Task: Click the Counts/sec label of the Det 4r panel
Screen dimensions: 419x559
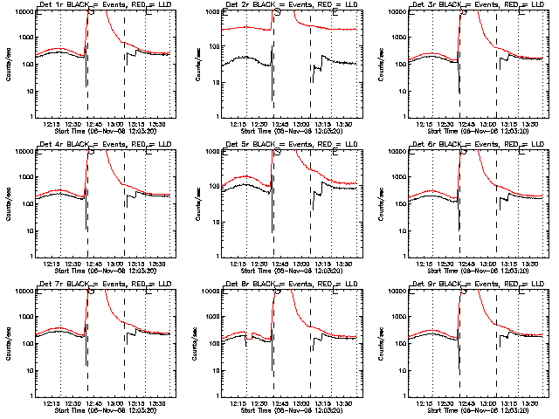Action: click(x=7, y=203)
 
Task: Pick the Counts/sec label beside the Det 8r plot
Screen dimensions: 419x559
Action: click(x=195, y=342)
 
